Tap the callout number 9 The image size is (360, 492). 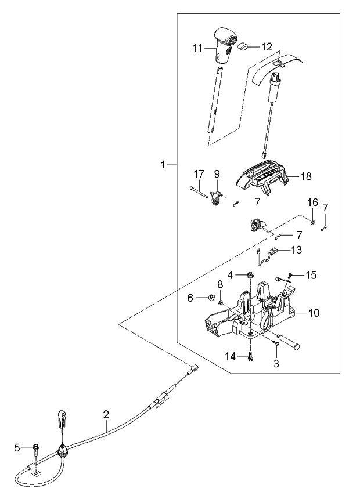coord(217,173)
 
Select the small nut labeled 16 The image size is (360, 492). coord(312,222)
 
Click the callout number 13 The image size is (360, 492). coord(296,250)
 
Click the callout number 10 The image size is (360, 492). coord(313,313)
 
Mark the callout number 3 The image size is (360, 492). coord(276,364)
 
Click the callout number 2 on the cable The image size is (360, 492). coord(106,414)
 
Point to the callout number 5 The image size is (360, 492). coord(17,447)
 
